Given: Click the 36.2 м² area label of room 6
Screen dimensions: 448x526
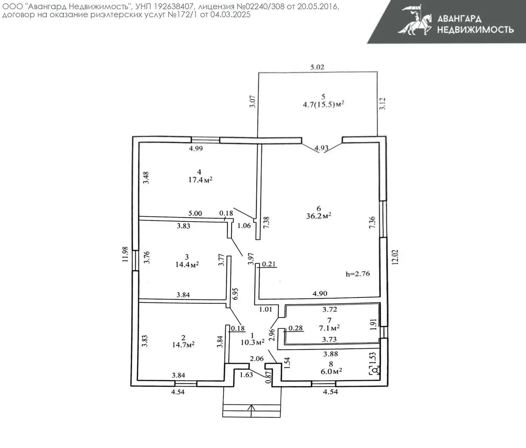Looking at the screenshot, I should pos(319,216).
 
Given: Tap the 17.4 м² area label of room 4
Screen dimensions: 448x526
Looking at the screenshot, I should pos(200,180).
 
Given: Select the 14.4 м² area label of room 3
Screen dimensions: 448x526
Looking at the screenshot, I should pos(187,265).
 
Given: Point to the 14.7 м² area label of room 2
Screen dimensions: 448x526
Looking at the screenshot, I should pos(183,345).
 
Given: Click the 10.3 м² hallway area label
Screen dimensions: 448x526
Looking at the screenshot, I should pos(252,342).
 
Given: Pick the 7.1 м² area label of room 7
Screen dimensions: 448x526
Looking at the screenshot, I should pos(329,328).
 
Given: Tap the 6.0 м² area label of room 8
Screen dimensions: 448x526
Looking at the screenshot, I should pos(331,371).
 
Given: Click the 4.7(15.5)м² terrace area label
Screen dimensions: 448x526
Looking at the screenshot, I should pos(323,105).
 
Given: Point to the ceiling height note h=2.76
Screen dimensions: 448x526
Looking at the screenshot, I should pos(358,274).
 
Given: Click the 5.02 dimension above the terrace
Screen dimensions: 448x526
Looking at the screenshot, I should pos(317,67).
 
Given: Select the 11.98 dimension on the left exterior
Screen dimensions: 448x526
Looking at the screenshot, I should pos(125,254).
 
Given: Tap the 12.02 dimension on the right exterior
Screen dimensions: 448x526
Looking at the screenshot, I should pos(395,257).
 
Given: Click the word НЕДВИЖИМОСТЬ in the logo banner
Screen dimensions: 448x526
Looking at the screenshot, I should pos(475,30).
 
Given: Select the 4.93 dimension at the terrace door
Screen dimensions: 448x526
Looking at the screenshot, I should pos(321,148).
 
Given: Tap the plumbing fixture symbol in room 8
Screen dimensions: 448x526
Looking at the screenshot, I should pos(375,371).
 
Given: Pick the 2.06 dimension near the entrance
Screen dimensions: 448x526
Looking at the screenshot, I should pos(256,359).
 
